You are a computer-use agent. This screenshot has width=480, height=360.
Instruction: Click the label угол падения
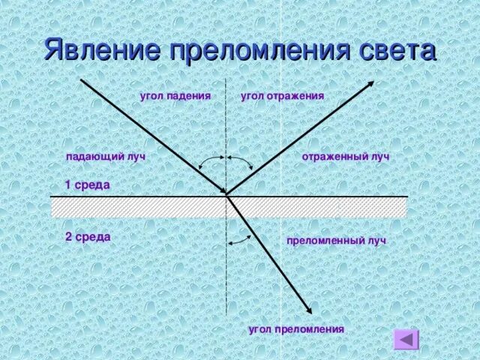[x=175, y=96]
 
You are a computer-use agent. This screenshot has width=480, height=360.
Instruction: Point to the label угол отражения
[x=282, y=96]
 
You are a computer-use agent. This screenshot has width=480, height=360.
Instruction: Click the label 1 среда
[x=88, y=184]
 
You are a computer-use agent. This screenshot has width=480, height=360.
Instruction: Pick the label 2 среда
[x=88, y=237]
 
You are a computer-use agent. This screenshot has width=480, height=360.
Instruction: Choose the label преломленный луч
[x=336, y=241]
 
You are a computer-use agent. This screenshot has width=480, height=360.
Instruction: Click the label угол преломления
[x=296, y=329]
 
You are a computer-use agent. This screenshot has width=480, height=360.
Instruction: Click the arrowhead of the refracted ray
[x=309, y=310]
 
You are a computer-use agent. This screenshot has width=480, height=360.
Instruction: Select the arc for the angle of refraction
[x=239, y=238]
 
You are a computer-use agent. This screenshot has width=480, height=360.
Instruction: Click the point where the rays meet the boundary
[x=227, y=196]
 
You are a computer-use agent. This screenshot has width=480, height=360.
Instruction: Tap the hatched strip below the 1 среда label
[x=135, y=207]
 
